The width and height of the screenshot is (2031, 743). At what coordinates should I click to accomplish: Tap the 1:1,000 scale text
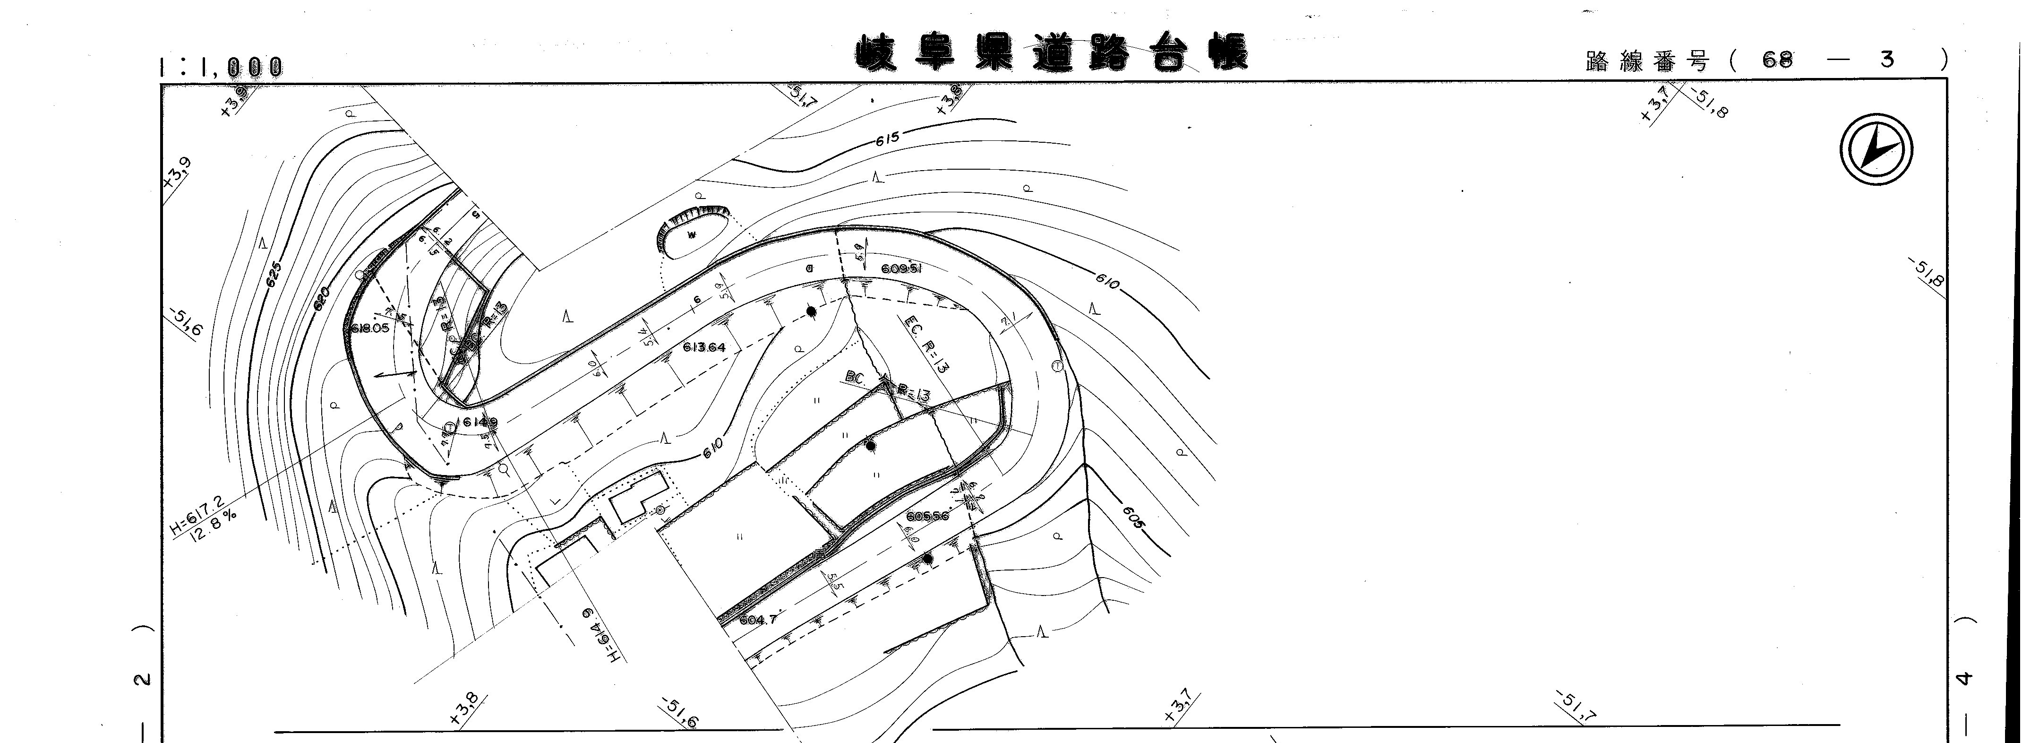click(221, 67)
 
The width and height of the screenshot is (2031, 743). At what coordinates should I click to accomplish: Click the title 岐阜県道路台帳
click(1053, 53)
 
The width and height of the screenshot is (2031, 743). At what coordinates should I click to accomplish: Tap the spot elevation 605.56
click(927, 517)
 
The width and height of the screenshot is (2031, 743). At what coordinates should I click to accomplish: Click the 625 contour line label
click(274, 275)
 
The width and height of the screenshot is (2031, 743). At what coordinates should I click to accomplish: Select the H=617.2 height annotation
click(197, 516)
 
